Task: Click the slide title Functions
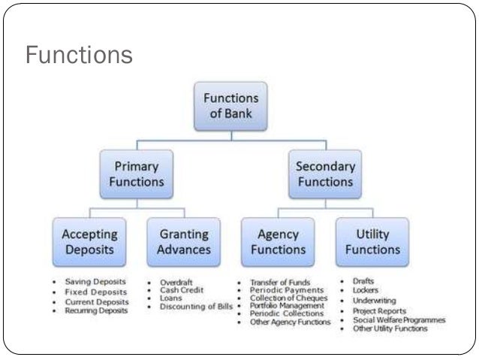point(79,55)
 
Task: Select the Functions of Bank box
point(231,106)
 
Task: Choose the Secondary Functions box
point(325,174)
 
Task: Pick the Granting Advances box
point(184,242)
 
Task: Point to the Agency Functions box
point(278,242)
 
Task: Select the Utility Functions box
point(372,242)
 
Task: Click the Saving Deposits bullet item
point(96,282)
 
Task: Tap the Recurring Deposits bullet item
point(96,310)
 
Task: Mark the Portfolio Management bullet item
point(287,306)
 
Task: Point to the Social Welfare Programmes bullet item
point(399,319)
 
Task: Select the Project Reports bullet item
point(379,310)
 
